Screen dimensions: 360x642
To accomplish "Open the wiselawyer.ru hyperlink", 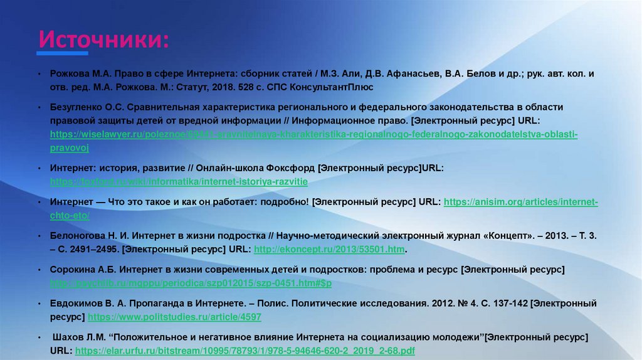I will [313, 134].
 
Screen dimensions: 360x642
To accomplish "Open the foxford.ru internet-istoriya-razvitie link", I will [179, 181].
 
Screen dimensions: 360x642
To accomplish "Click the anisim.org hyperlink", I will [520, 202].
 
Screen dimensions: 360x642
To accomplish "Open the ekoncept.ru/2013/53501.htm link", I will [329, 249].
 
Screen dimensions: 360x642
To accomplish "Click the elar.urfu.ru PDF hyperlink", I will [245, 351].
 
